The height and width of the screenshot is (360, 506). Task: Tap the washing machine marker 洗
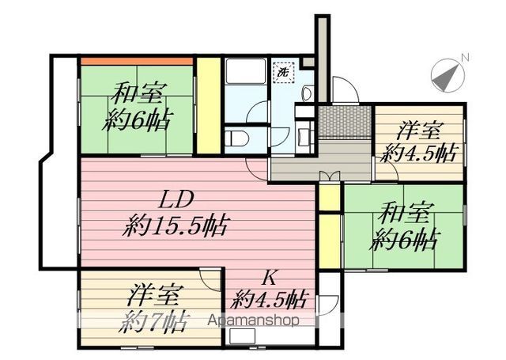click(x=282, y=72)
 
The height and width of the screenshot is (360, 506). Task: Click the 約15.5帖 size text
click(x=176, y=227)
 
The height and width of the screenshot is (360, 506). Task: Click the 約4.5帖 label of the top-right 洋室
click(x=418, y=150)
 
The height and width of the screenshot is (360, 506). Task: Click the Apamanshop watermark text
click(x=253, y=320)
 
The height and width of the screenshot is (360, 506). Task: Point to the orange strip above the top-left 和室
click(x=137, y=60)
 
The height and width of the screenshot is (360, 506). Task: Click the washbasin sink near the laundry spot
click(x=305, y=93)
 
